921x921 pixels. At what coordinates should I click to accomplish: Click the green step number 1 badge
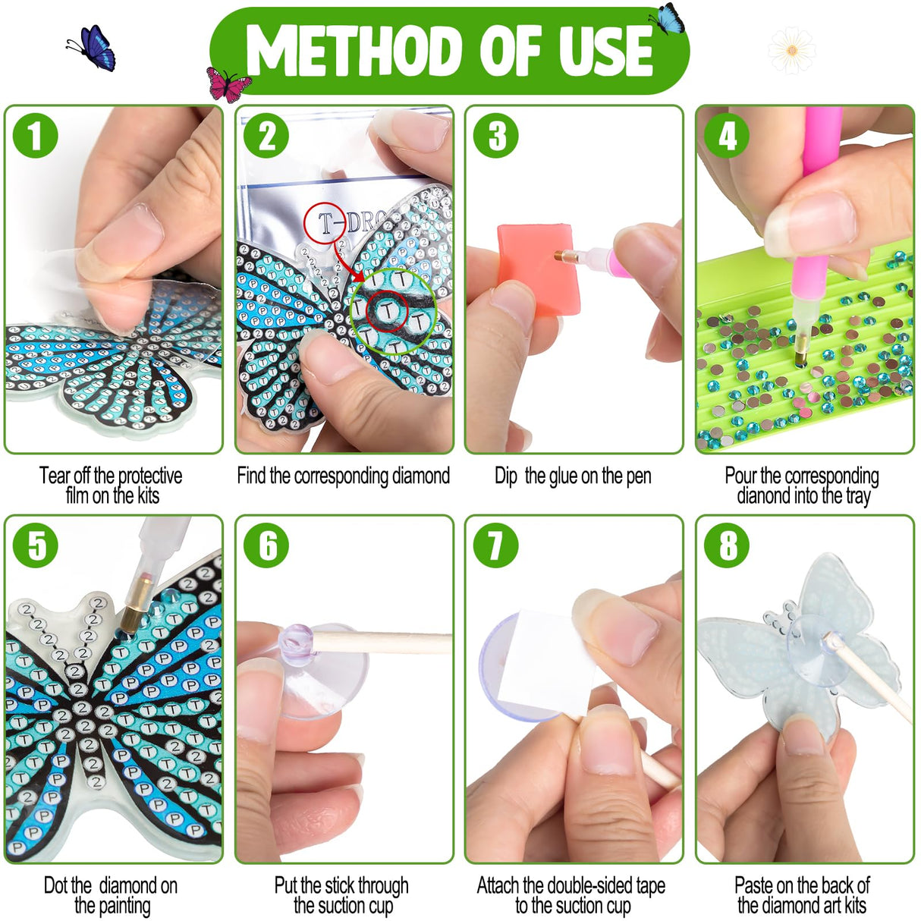click(x=36, y=137)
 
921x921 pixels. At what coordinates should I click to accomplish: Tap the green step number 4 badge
click(x=727, y=137)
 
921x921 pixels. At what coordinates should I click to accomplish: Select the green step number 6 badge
click(x=267, y=545)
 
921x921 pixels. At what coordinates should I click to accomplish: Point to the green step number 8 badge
click(x=727, y=545)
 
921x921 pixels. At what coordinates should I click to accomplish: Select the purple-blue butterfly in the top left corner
click(x=93, y=48)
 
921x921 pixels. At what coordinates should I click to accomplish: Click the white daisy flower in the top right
click(x=791, y=51)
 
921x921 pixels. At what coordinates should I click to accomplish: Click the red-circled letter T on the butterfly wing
click(x=388, y=311)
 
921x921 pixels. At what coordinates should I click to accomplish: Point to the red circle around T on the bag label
click(x=325, y=223)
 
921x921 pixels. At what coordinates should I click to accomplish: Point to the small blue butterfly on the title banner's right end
click(x=668, y=19)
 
